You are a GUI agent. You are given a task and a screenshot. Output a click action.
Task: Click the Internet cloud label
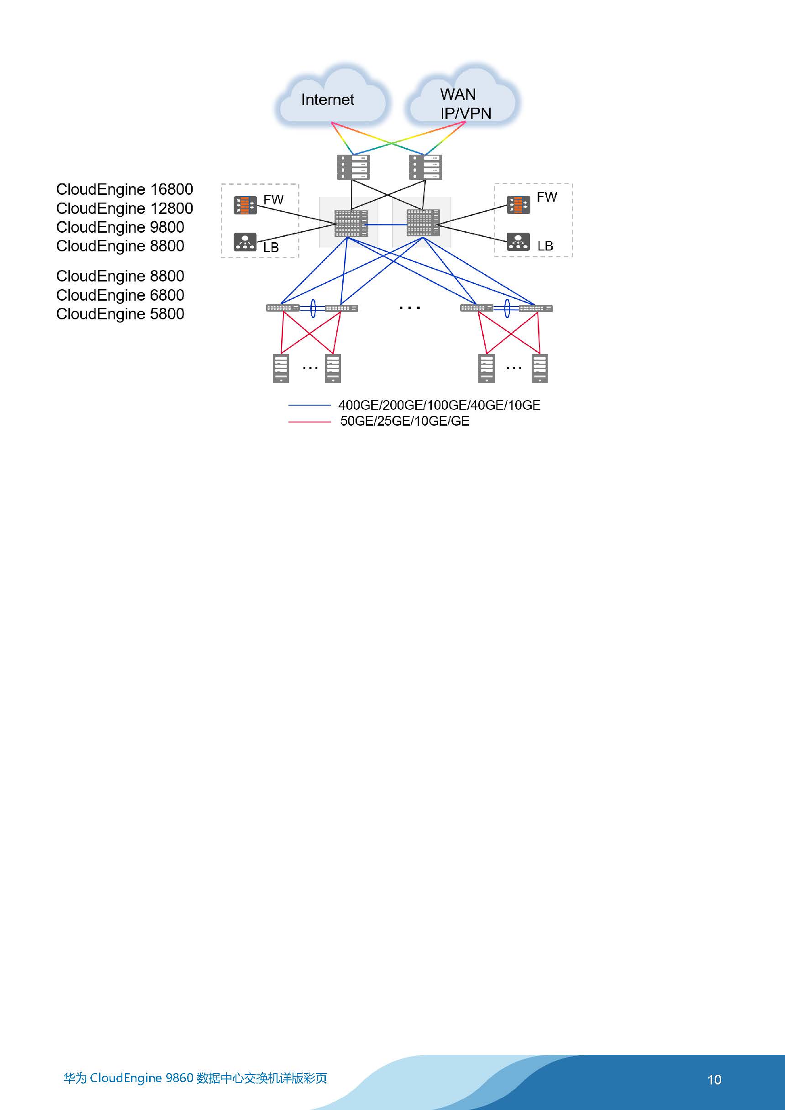327,99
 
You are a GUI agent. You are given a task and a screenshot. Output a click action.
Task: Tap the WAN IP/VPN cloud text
465,104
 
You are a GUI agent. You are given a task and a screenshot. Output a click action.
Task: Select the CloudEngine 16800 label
125,189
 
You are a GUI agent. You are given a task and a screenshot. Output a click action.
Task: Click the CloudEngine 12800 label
125,208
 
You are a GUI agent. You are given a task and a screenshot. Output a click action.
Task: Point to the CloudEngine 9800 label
120,227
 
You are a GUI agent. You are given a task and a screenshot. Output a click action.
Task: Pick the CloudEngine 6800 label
120,295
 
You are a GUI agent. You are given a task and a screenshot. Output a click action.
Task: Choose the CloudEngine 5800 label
120,314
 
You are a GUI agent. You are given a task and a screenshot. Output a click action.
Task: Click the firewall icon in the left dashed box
245,205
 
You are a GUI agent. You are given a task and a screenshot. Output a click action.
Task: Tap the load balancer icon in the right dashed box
518,241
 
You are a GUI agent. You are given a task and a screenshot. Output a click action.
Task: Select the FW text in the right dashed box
547,197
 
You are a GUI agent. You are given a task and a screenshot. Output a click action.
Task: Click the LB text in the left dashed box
271,248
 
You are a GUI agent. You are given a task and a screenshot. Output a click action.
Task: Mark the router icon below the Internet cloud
354,167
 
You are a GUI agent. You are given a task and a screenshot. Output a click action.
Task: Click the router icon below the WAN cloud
426,167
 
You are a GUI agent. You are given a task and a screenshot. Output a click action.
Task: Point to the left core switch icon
351,224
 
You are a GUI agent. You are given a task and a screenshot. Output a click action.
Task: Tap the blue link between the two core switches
387,225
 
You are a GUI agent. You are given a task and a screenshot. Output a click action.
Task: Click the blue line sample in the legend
309,405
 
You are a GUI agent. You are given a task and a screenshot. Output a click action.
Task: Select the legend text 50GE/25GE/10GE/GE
405,421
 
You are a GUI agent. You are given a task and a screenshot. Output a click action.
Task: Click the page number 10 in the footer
714,1079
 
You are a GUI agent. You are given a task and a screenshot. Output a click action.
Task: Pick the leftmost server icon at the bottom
281,368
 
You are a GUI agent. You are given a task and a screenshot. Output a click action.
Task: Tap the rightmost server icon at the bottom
540,368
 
